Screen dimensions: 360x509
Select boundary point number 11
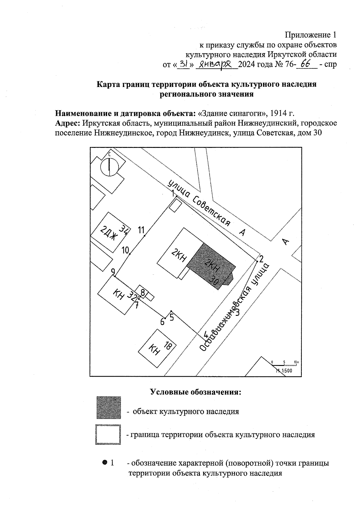pos(145,236)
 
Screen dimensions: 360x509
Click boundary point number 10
pos(130,254)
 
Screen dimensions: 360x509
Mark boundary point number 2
pos(257,261)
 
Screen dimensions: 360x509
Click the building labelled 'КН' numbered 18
pos(158,348)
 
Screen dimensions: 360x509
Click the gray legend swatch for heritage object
pos(109,407)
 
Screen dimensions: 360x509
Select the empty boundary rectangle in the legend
pos(108,434)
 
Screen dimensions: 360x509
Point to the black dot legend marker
pos(104,463)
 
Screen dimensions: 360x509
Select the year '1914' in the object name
pos(277,114)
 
